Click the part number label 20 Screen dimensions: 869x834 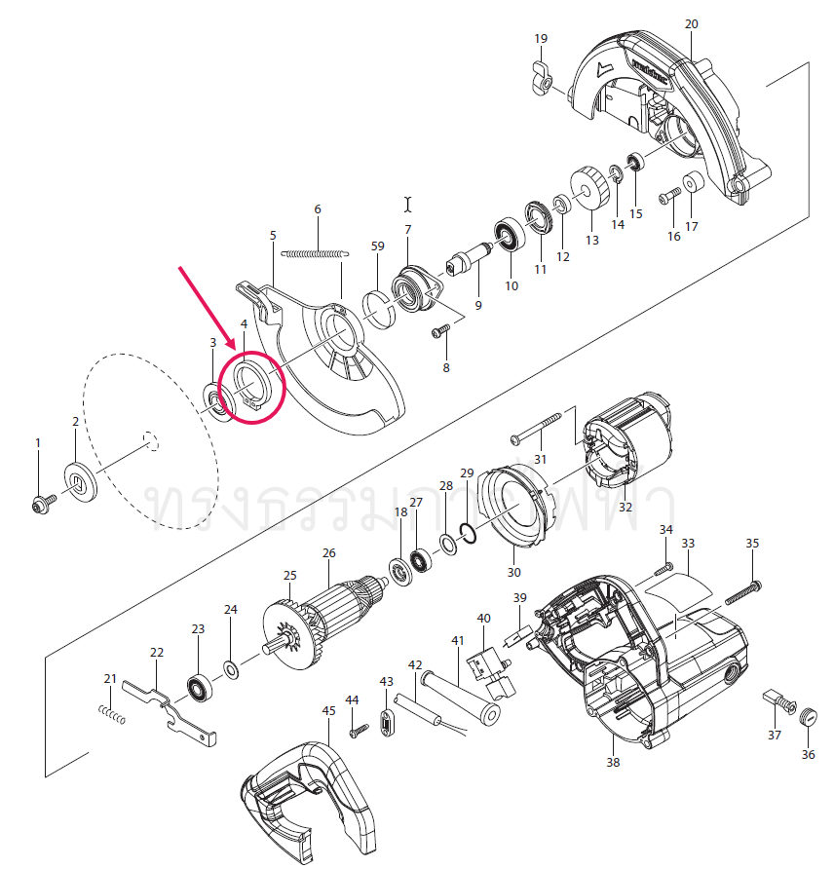click(x=692, y=23)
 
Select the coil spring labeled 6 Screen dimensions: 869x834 click(x=314, y=253)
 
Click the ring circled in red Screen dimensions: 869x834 click(x=250, y=385)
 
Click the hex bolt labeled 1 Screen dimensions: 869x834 click(x=41, y=503)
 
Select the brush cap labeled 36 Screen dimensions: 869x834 click(x=807, y=718)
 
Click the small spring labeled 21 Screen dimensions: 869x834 click(x=114, y=714)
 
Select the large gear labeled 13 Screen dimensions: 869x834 click(x=590, y=191)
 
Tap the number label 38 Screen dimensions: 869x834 click(x=613, y=763)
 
